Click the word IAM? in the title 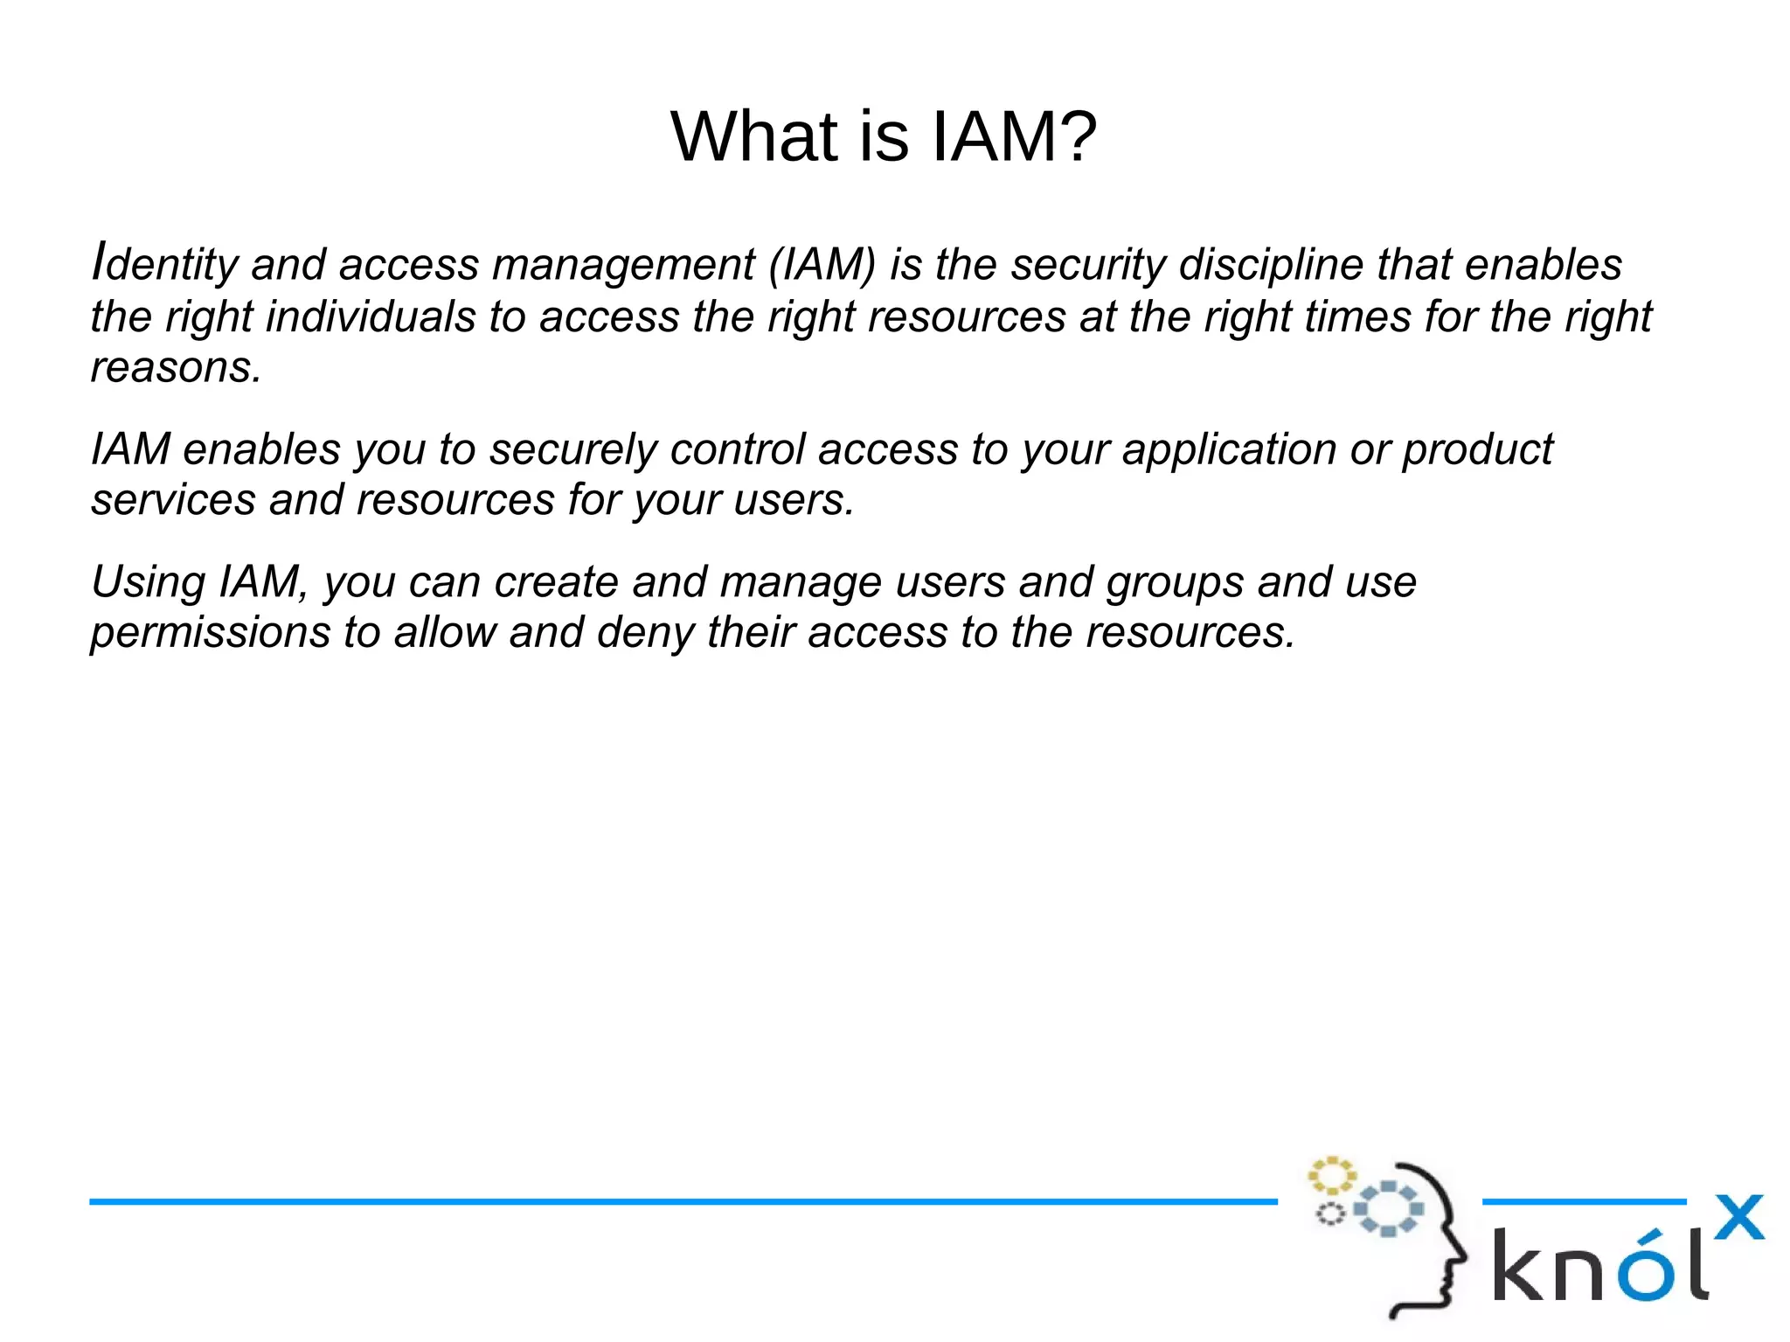point(1014,137)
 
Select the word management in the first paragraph point(623,265)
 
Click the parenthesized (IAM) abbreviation point(822,265)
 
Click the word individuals point(370,316)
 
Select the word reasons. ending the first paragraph point(176,367)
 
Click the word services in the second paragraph point(173,500)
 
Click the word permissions point(210,633)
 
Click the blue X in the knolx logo point(1738,1217)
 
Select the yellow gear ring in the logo point(1330,1176)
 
